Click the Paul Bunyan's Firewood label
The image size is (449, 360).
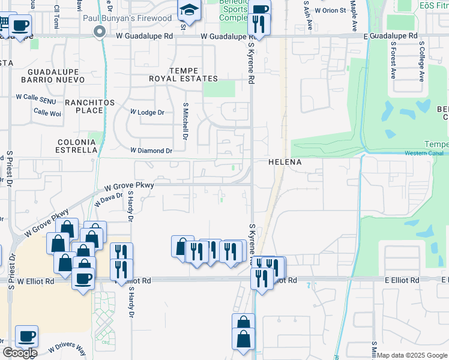pos(140,19)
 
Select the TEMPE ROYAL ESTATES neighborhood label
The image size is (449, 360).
pos(184,74)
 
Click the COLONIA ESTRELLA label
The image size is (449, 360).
pos(77,146)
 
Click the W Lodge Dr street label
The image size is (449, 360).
pos(147,112)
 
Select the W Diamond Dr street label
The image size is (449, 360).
pos(151,151)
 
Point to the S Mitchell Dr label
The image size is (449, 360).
pos(185,119)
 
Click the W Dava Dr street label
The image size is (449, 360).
pos(109,196)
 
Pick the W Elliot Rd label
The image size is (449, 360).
pos(35,280)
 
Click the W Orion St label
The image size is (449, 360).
pos(330,11)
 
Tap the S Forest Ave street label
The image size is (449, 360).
pos(394,61)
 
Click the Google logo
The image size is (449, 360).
pos(20,353)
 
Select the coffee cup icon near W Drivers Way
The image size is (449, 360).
pos(26,336)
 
